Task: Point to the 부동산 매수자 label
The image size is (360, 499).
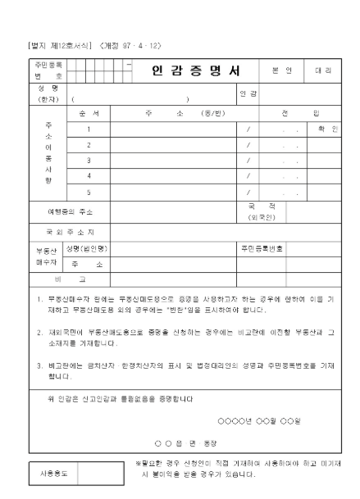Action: click(43, 256)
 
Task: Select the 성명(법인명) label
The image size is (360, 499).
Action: click(90, 247)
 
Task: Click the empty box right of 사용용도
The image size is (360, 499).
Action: click(102, 472)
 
